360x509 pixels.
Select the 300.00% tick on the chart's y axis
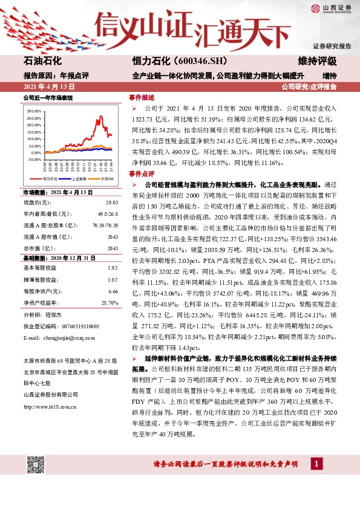tap(34, 112)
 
